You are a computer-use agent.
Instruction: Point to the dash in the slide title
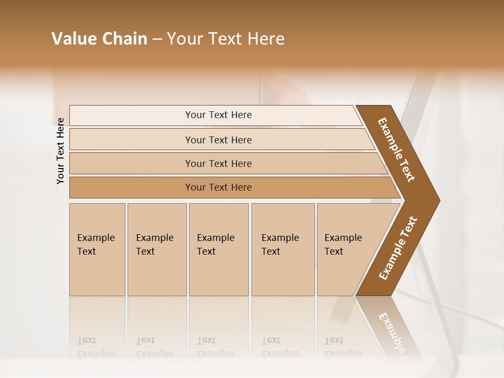point(156,39)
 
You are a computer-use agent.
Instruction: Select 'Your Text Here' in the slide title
point(226,39)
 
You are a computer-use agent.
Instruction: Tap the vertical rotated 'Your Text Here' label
point(60,151)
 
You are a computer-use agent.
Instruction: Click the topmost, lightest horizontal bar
point(218,115)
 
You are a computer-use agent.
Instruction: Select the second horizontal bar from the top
point(218,140)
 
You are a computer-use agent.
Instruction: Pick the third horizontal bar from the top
point(218,163)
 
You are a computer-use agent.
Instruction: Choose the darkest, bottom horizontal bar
point(218,187)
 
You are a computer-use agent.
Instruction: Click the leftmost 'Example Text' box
point(97,249)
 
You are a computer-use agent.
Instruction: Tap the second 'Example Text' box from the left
point(156,249)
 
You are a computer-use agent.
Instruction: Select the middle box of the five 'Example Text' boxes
point(218,249)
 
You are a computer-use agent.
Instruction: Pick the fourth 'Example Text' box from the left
point(282,249)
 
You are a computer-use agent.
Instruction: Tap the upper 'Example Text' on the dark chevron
point(396,150)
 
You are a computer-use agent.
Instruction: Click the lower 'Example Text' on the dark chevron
point(398,248)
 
